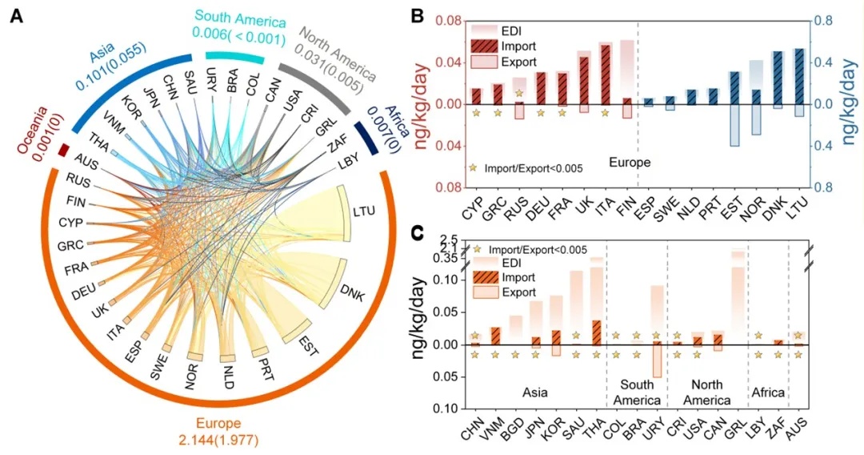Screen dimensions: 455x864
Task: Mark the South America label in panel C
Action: click(x=636, y=392)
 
